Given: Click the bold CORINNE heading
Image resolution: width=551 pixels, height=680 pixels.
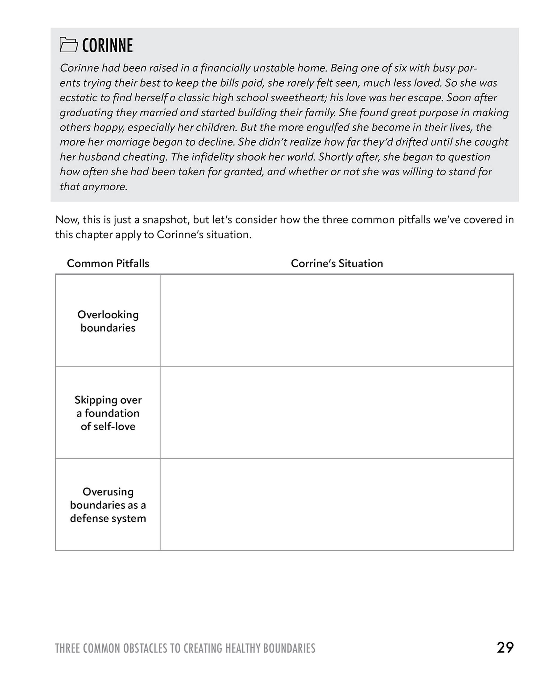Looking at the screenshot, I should pos(107,45).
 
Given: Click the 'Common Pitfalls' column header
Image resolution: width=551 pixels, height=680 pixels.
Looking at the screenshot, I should pos(108,263).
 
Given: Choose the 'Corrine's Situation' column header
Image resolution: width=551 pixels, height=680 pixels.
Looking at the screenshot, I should pos(337,263).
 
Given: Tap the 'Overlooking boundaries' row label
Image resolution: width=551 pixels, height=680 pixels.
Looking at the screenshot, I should pos(108,321).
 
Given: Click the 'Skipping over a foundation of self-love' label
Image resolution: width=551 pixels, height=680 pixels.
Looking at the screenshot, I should pos(108,413).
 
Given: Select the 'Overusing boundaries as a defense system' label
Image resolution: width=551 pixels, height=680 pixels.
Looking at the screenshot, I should pos(108,505).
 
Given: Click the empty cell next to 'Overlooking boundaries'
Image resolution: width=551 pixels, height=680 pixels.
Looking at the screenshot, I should pos(337,321).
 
